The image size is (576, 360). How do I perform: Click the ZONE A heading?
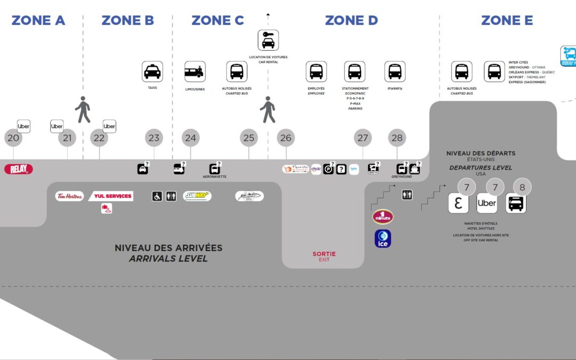[38, 21]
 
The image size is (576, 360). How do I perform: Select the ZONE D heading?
[351, 21]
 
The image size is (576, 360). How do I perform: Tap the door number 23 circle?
[154, 138]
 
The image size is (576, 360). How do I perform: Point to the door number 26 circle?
[286, 138]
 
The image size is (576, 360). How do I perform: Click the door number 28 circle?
[397, 138]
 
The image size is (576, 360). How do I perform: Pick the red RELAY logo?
[19, 169]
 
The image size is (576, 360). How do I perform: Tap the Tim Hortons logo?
[70, 196]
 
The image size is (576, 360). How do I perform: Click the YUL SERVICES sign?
[111, 196]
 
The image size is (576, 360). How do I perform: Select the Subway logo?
[197, 196]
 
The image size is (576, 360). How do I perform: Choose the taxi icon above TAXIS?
[153, 71]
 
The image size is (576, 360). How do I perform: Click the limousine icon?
[195, 71]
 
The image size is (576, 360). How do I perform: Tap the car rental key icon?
[268, 41]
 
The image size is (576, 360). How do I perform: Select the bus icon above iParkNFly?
[395, 71]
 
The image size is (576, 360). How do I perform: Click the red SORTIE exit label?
[324, 254]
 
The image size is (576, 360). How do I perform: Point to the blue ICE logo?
[383, 239]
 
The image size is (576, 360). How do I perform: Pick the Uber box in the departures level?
[486, 203]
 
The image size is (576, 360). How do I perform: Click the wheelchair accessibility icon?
[157, 196]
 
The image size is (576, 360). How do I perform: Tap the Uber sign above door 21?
[57, 126]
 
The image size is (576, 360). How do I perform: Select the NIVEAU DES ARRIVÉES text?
[169, 248]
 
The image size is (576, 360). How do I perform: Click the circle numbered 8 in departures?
[522, 187]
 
